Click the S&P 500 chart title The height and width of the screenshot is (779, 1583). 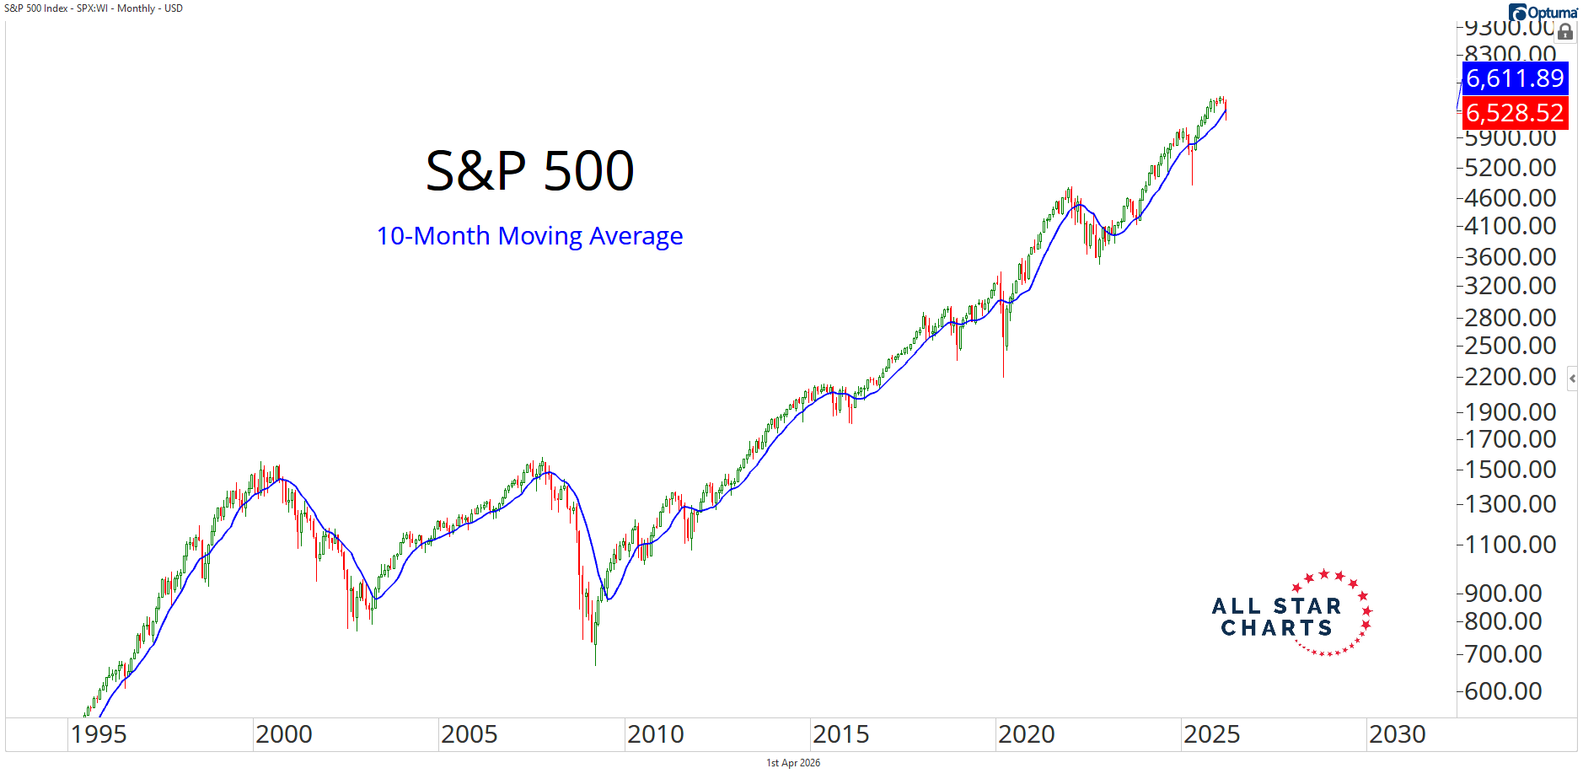pyautogui.click(x=529, y=171)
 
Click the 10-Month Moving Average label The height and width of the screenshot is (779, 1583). pyautogui.click(x=529, y=236)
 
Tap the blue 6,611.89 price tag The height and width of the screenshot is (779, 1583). pyautogui.click(x=1515, y=78)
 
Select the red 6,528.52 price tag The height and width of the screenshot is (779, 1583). pyautogui.click(x=1515, y=113)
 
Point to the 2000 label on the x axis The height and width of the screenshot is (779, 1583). pyautogui.click(x=283, y=734)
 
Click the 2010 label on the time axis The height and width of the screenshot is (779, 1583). pyautogui.click(x=655, y=734)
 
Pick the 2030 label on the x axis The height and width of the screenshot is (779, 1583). pyautogui.click(x=1397, y=734)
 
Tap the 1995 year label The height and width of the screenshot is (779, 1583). pyautogui.click(x=99, y=734)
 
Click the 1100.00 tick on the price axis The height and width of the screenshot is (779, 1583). pyautogui.click(x=1510, y=545)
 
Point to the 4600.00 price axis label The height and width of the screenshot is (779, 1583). pyautogui.click(x=1510, y=198)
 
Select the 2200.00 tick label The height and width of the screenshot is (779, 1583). pyautogui.click(x=1510, y=377)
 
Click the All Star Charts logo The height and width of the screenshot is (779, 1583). pyautogui.click(x=1291, y=614)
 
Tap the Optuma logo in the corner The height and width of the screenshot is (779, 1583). pyautogui.click(x=1543, y=12)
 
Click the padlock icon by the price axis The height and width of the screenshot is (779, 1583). pyautogui.click(x=1565, y=32)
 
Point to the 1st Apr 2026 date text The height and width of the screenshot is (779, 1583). pyautogui.click(x=792, y=763)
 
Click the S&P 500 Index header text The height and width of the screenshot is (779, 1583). pyautogui.click(x=93, y=8)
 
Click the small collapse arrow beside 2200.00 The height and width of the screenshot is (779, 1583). pyautogui.click(x=1572, y=379)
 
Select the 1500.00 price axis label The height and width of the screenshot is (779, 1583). pyautogui.click(x=1510, y=470)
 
